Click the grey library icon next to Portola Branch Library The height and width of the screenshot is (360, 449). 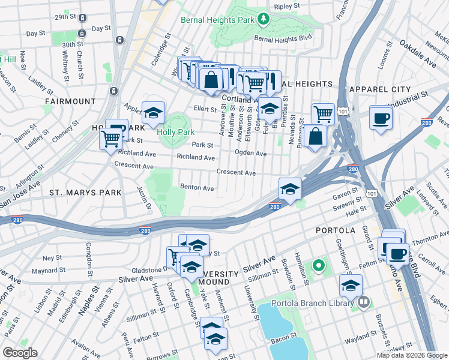[363, 304]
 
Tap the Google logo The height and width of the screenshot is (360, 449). [19, 353]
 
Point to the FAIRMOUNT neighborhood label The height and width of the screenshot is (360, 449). [69, 101]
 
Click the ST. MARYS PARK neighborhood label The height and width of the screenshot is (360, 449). [85, 193]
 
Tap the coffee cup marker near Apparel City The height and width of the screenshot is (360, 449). [381, 118]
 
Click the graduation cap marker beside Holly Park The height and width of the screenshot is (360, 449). [154, 113]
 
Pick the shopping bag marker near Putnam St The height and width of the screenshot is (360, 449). [315, 136]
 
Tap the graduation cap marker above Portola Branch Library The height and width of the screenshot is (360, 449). [351, 286]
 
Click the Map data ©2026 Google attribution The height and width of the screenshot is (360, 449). [412, 355]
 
